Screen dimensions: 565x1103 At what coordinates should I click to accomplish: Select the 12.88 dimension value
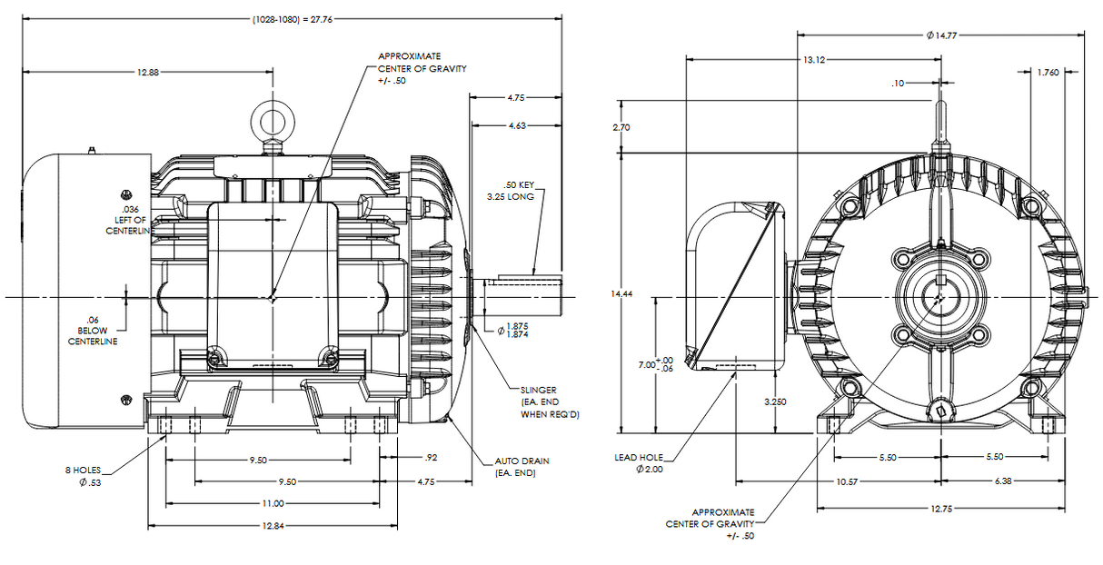149,72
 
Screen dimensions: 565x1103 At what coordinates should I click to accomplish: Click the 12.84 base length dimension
272,526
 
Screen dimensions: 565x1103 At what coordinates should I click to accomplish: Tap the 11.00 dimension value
272,503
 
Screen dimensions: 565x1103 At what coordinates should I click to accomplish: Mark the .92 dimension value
432,457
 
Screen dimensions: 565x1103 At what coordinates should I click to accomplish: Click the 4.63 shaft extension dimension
517,125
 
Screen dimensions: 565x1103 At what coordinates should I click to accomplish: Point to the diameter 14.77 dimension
942,35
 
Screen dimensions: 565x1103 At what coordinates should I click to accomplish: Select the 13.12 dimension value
813,60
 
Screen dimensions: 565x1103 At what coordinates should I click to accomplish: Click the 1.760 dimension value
1048,73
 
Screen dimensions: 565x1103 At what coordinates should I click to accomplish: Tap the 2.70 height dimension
621,128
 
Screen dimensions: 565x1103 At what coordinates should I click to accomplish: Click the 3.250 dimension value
774,401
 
